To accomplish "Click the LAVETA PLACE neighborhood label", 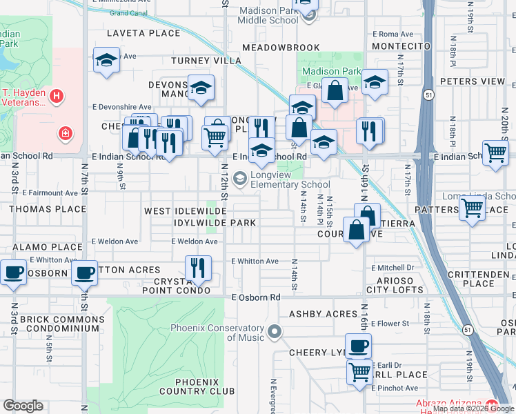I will click(143, 33).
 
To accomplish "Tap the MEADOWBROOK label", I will click(280, 48).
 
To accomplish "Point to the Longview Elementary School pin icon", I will click(240, 179).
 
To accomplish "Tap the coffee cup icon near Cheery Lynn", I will click(358, 346).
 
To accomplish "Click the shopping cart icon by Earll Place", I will click(359, 373).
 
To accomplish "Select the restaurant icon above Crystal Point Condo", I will click(198, 267).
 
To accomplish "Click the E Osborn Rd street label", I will click(256, 297).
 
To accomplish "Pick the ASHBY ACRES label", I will click(323, 314).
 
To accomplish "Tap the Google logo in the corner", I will click(23, 406).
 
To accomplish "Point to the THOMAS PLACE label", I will click(48, 209).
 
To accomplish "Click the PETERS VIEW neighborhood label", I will click(473, 81).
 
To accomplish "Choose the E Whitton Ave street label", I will click(255, 262).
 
